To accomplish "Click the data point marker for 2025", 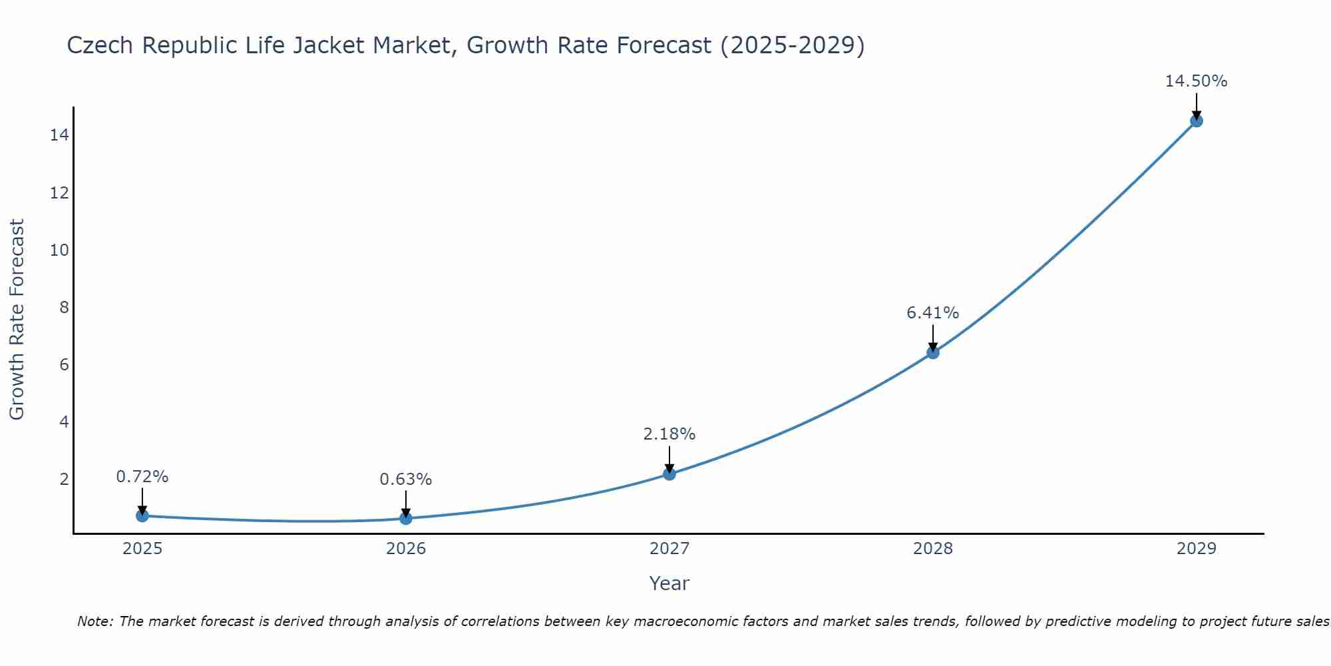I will pos(142,515).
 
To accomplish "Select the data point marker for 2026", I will pos(406,518).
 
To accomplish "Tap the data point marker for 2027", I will pos(669,474).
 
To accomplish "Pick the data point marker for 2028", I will pos(933,352).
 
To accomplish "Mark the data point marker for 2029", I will pos(1197,121).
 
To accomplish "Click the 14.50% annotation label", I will pos(1196,81).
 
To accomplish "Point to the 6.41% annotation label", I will pos(932,313).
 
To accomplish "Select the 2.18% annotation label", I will pos(669,434).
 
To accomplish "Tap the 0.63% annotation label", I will pos(406,480).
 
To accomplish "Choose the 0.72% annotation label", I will pos(142,477).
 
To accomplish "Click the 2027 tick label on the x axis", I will pos(669,549).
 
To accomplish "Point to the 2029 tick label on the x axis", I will pos(1197,549).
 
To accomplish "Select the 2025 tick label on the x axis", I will pos(142,549).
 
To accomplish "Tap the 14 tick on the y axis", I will pos(59,135).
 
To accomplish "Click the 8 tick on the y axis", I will pos(64,307).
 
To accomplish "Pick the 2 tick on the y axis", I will pos(64,480).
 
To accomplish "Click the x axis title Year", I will pos(669,583).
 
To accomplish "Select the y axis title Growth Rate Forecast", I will pos(17,320).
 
